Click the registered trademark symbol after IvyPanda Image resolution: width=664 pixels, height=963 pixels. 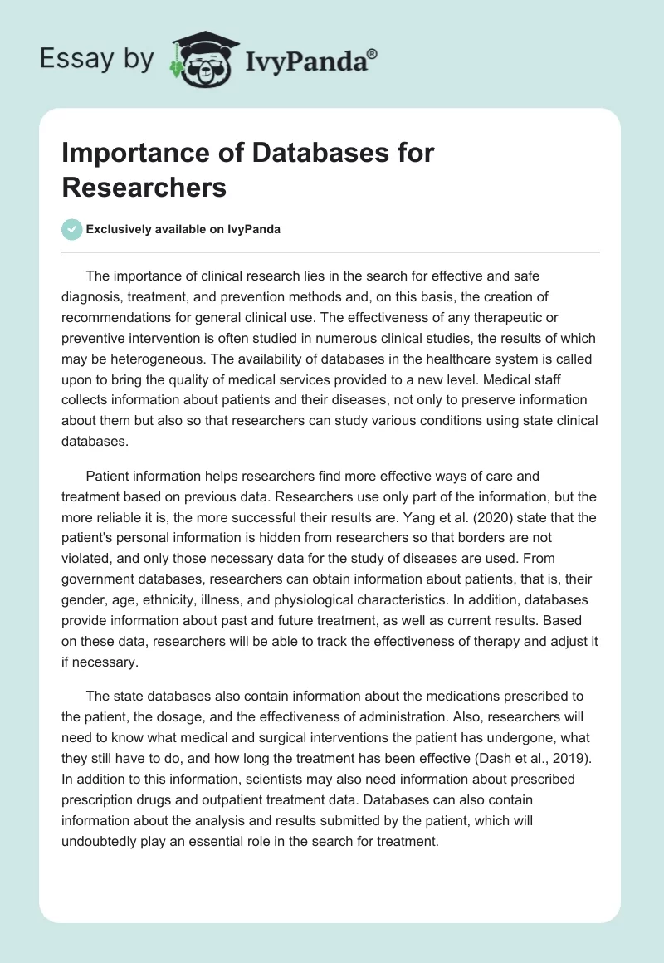[x=373, y=53]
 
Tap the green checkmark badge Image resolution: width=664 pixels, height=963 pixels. [x=72, y=229]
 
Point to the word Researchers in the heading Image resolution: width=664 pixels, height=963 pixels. [x=144, y=188]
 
